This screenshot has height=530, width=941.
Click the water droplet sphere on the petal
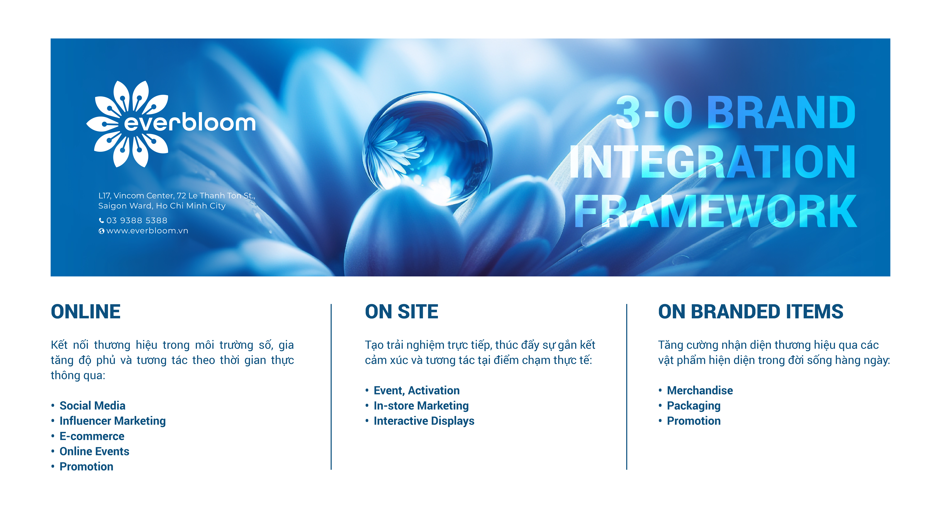click(x=427, y=148)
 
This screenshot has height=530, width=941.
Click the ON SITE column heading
click(x=401, y=312)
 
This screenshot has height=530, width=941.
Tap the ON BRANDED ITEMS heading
click(x=751, y=312)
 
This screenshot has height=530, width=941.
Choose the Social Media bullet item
click(x=92, y=406)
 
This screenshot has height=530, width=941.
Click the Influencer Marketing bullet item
click(x=113, y=421)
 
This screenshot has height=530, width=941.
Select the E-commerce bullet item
click(x=92, y=436)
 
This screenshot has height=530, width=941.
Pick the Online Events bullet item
click(x=94, y=451)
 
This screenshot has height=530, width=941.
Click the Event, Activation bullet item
click(x=416, y=391)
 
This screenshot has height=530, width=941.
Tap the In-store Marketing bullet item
click(x=421, y=406)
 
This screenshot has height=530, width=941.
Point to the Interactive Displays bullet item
click(x=424, y=421)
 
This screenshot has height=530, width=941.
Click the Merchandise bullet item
click(x=700, y=391)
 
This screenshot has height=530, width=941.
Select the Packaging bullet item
click(x=694, y=406)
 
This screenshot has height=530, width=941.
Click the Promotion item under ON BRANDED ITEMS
click(x=694, y=421)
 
